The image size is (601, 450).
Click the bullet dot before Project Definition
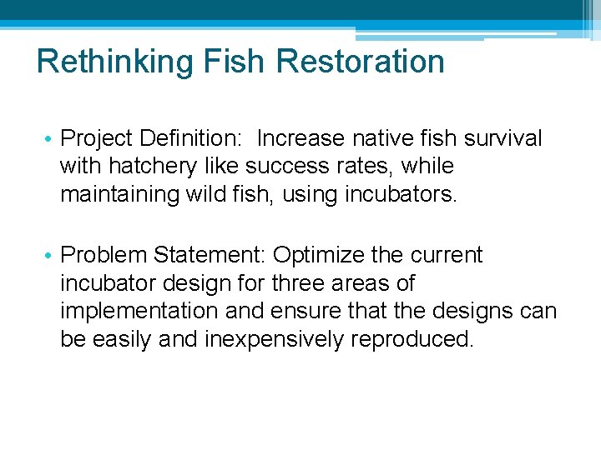tap(51, 138)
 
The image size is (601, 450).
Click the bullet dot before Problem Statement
tap(51, 255)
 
